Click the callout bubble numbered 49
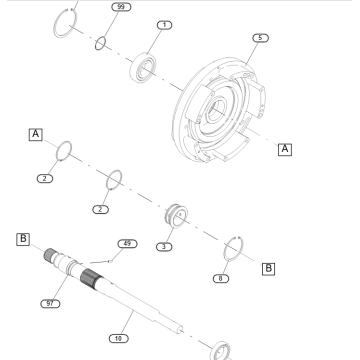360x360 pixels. pos(128,243)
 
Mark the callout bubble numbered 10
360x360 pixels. pos(118,339)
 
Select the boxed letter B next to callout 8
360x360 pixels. pos(267,268)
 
